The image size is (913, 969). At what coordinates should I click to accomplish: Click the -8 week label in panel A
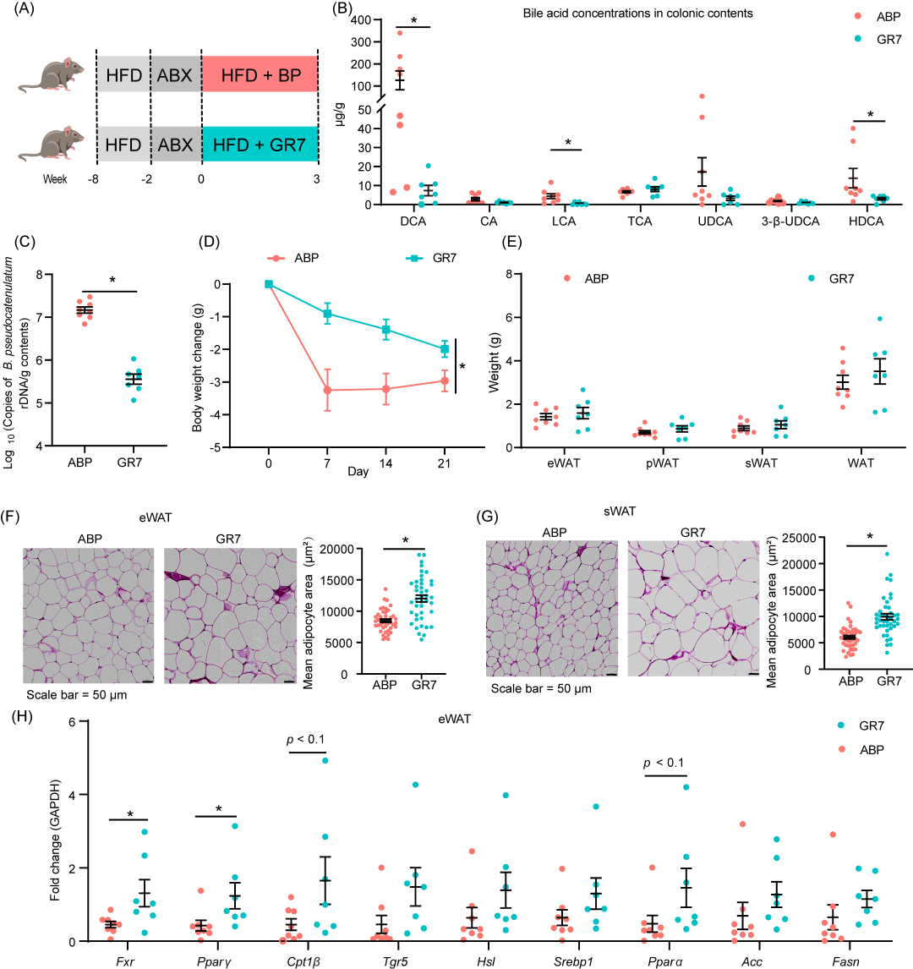[x=96, y=179]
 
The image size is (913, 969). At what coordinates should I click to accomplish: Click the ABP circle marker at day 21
[x=443, y=380]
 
